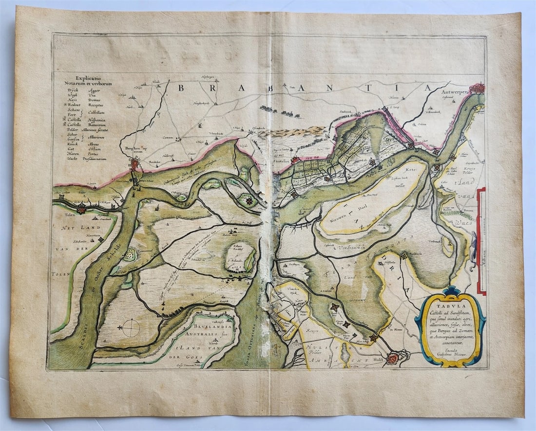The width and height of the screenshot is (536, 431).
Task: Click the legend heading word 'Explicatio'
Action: (x=87, y=78)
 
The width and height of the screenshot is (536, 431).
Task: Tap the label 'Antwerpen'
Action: (x=456, y=91)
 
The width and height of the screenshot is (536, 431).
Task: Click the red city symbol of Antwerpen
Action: (x=478, y=89)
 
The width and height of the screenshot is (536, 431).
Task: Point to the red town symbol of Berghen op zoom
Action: (x=134, y=165)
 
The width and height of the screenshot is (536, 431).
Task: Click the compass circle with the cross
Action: (x=131, y=328)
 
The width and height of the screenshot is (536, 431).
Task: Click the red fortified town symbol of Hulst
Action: (x=393, y=359)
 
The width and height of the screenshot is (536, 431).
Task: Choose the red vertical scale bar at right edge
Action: (x=481, y=241)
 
